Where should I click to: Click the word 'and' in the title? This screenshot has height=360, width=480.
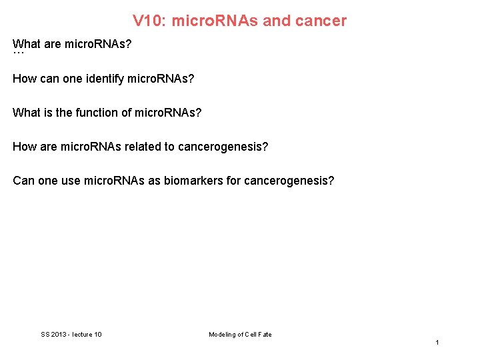[277, 21]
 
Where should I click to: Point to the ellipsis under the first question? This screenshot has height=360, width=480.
[18, 53]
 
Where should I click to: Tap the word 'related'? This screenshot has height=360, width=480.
[143, 146]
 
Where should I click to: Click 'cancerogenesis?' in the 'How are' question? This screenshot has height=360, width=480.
[223, 146]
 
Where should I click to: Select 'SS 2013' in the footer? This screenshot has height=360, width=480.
[54, 335]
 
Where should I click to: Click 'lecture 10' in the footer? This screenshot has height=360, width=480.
[87, 335]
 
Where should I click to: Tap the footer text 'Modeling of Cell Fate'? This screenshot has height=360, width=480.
[240, 335]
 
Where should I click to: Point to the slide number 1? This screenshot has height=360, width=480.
[437, 343]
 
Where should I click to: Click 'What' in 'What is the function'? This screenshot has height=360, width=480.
[26, 113]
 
